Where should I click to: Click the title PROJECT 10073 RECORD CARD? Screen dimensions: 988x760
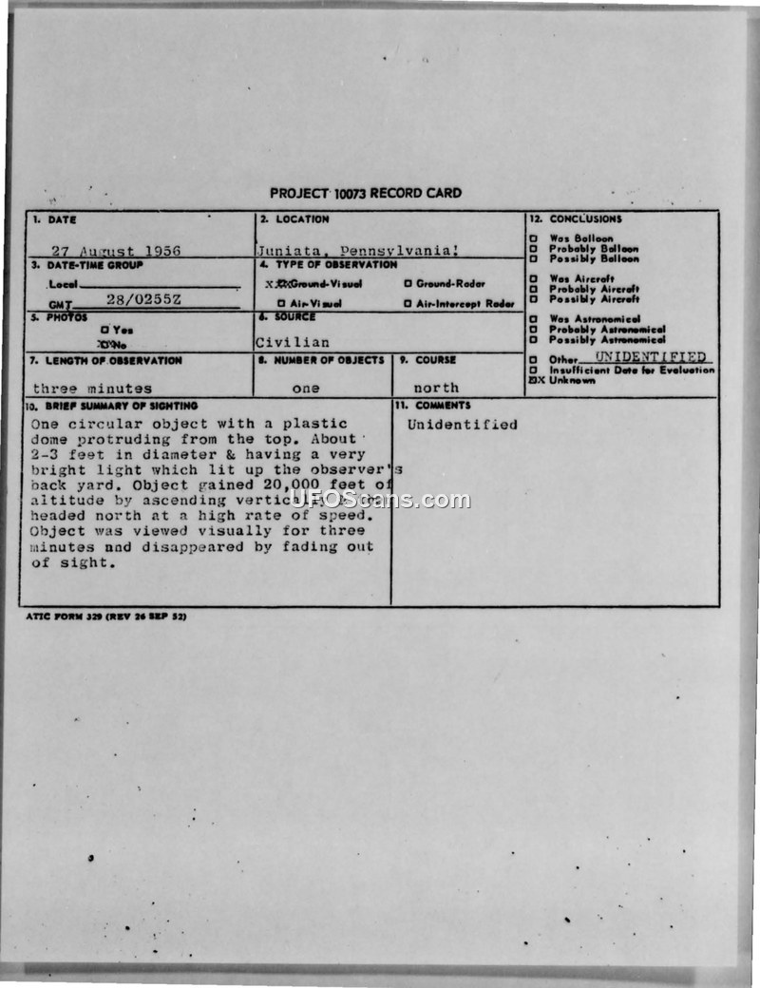366,193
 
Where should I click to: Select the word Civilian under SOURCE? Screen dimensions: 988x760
293,342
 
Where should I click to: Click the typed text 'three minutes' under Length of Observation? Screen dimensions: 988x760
92,389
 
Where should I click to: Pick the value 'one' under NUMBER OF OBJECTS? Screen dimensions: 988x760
306,389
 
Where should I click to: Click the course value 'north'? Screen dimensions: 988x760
436,389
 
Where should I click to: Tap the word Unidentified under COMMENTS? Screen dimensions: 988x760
463,425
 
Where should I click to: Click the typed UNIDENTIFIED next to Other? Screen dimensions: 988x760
651,357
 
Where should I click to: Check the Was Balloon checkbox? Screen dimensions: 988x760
533,238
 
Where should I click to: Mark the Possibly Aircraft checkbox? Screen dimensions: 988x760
533,299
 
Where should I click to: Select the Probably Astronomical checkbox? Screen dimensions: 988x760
533,330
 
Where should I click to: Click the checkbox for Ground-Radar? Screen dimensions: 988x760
408,284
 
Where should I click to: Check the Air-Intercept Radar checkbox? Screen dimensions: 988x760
408,304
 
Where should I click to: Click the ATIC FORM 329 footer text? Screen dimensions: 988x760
106,617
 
